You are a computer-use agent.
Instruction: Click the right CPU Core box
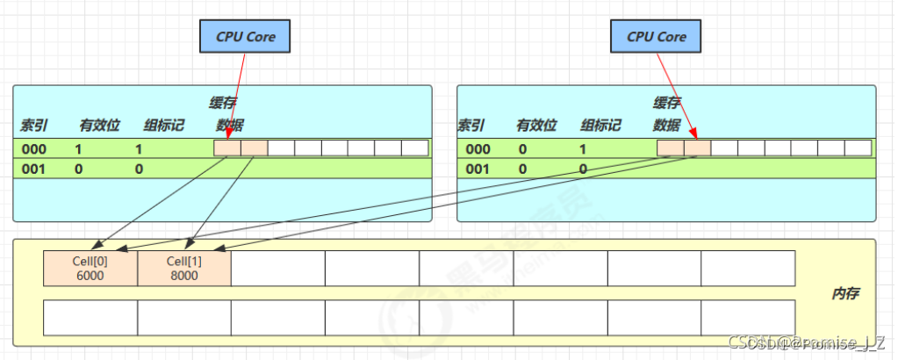coord(657,37)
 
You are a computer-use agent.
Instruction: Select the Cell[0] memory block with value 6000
coord(90,268)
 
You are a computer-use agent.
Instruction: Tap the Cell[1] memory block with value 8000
coord(184,268)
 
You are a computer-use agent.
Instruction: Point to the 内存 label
coord(844,292)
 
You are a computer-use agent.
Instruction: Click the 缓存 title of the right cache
coord(667,103)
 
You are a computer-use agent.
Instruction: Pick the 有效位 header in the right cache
coord(536,125)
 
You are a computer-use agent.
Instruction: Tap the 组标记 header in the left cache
coord(164,125)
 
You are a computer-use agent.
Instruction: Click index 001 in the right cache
coord(478,168)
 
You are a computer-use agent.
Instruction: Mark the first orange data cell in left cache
coord(227,148)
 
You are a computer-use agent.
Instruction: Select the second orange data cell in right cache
coord(698,148)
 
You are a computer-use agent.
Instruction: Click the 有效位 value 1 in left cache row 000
coord(79,148)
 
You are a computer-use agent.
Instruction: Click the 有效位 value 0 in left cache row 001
coord(79,168)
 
